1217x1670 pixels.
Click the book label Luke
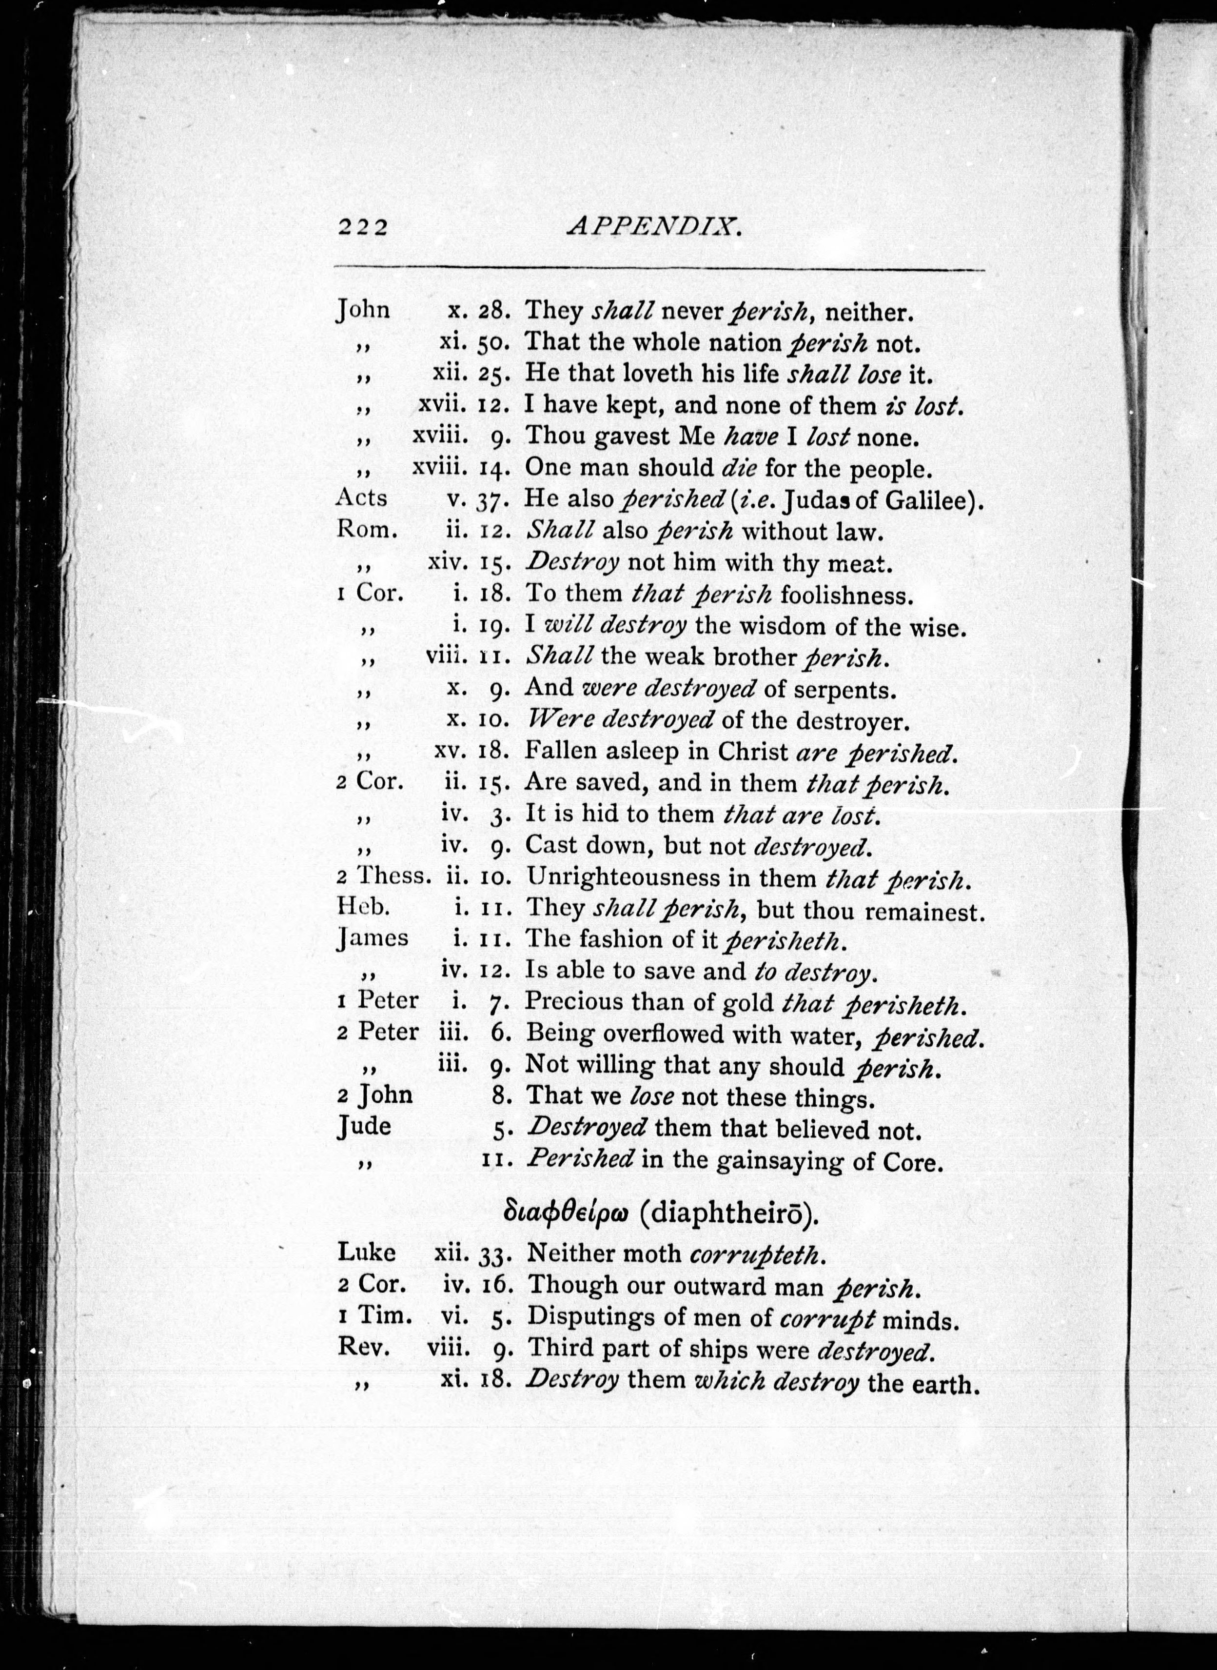click(366, 1252)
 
